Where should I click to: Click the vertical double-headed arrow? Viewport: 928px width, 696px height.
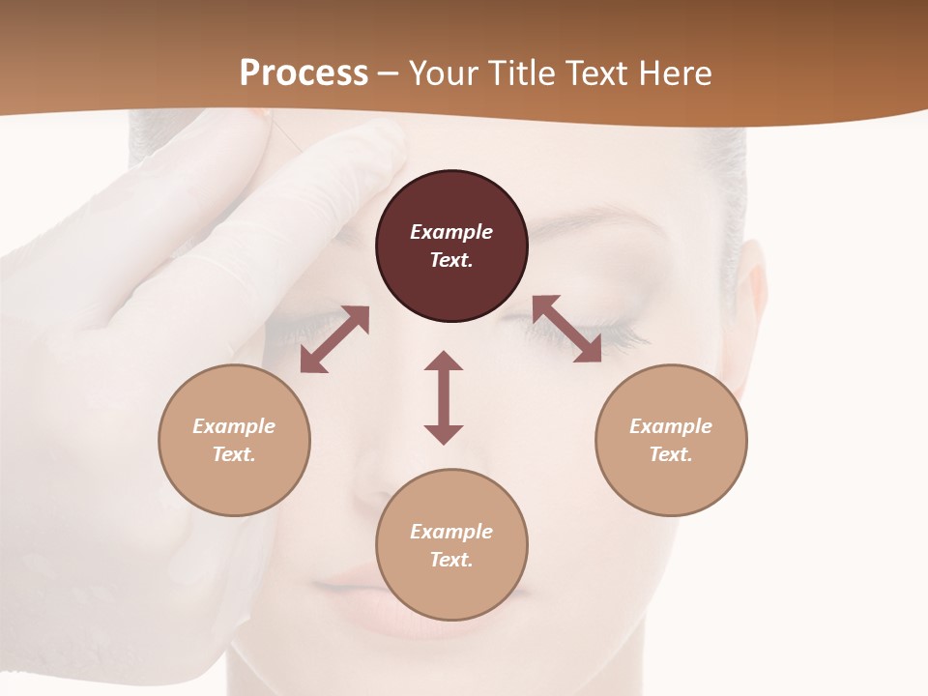point(444,397)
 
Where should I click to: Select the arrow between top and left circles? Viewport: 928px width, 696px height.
point(334,339)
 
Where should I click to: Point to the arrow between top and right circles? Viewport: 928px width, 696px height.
point(567,329)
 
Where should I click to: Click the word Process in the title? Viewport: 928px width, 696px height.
point(304,73)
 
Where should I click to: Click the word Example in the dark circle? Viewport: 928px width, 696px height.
point(451,232)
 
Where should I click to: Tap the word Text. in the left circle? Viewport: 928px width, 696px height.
point(234,454)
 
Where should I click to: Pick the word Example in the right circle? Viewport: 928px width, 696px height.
point(671,426)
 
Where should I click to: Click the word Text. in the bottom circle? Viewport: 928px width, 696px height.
point(451,560)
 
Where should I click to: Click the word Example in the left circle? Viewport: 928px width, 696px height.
point(234,426)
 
